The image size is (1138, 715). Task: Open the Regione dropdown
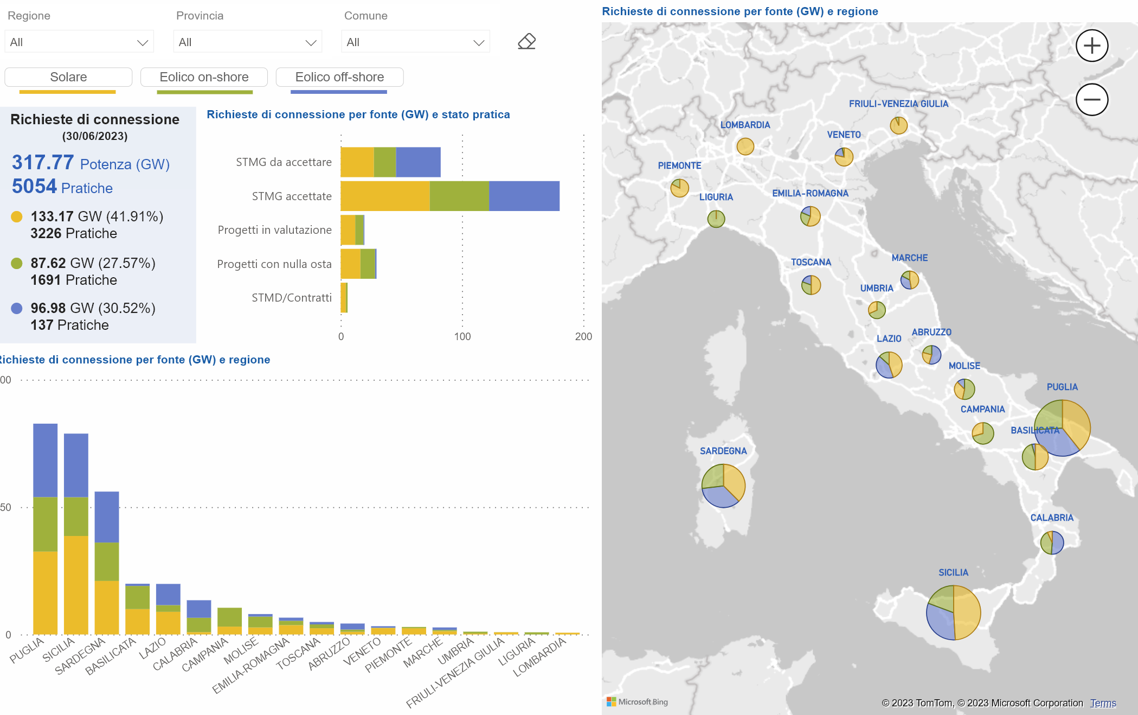[x=79, y=42]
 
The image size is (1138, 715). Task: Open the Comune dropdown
[x=415, y=42]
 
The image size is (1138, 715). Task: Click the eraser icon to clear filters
[x=526, y=41]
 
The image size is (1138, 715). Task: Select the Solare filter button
[x=68, y=77]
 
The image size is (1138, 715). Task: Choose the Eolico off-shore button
[x=339, y=77]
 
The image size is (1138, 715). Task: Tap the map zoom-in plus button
[x=1092, y=46]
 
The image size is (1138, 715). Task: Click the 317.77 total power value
[x=43, y=162]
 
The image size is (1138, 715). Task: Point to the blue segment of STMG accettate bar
[x=524, y=196]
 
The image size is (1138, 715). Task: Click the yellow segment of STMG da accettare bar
[x=357, y=162]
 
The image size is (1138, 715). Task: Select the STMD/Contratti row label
[x=292, y=298]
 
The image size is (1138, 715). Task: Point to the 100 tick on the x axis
[x=462, y=336]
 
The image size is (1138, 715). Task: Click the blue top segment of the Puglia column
[x=46, y=461]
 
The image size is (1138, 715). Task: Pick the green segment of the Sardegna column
[x=107, y=561]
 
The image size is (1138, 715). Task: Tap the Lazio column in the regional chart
[x=168, y=609]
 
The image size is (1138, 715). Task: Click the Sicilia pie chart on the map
[x=954, y=612]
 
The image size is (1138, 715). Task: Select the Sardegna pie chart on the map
[x=723, y=486]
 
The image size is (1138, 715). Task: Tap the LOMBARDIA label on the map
[x=745, y=125]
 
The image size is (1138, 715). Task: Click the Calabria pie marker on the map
[x=1052, y=542]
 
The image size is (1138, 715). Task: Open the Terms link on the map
[x=1103, y=703]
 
